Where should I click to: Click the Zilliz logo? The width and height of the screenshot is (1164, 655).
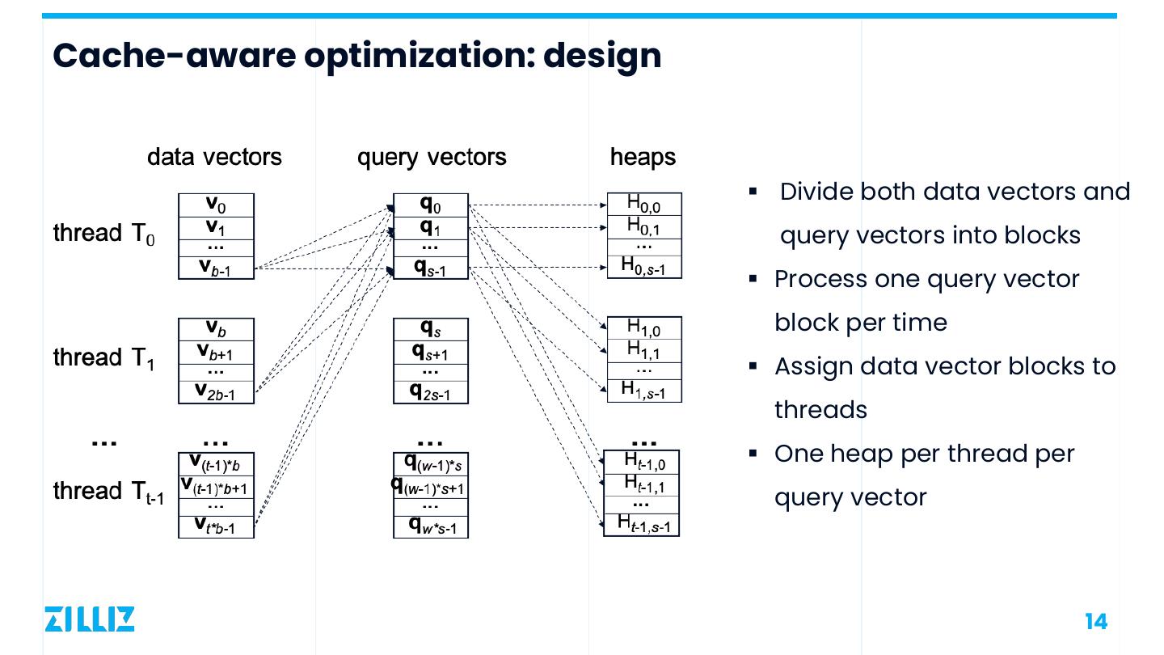(89, 619)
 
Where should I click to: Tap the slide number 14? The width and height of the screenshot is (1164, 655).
(1095, 621)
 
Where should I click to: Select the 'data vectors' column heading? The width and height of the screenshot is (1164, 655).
(214, 157)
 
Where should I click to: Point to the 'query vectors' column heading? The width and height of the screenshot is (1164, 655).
(432, 157)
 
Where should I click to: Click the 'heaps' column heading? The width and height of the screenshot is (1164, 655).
(643, 157)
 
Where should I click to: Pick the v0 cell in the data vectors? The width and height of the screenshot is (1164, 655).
(216, 205)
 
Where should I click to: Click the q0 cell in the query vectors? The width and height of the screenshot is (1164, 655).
(431, 205)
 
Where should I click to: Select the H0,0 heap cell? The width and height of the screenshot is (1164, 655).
(644, 205)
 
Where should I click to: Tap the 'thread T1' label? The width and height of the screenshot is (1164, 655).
(103, 357)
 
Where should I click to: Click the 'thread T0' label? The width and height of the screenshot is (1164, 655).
(103, 234)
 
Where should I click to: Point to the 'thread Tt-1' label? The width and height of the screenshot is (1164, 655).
(108, 492)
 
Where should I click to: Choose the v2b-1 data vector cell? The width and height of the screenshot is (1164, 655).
(216, 392)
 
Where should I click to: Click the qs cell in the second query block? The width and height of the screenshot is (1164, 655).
(431, 328)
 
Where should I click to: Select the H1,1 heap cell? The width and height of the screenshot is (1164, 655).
(644, 350)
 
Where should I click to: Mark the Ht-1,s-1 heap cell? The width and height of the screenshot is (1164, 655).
(643, 525)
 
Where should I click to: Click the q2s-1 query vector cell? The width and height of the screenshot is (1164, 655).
(431, 392)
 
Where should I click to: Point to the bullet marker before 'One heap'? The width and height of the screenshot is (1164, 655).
(753, 453)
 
